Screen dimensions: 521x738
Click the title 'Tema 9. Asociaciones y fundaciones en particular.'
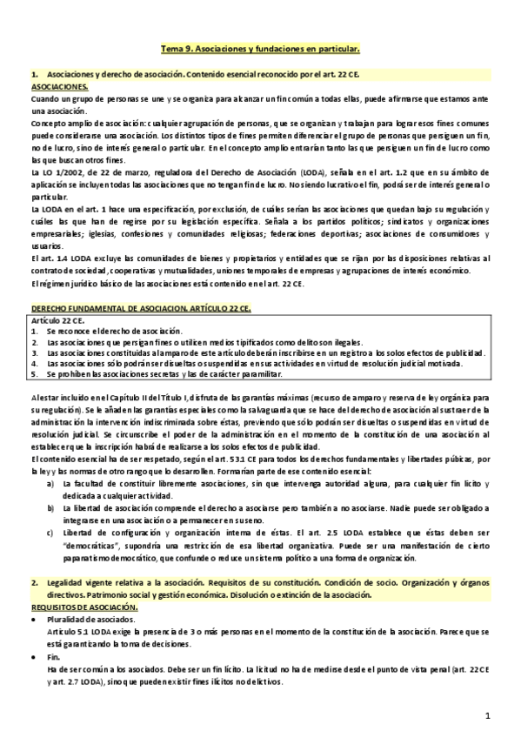point(261,51)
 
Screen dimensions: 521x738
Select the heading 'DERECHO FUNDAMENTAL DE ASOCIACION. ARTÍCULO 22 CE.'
point(124,309)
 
